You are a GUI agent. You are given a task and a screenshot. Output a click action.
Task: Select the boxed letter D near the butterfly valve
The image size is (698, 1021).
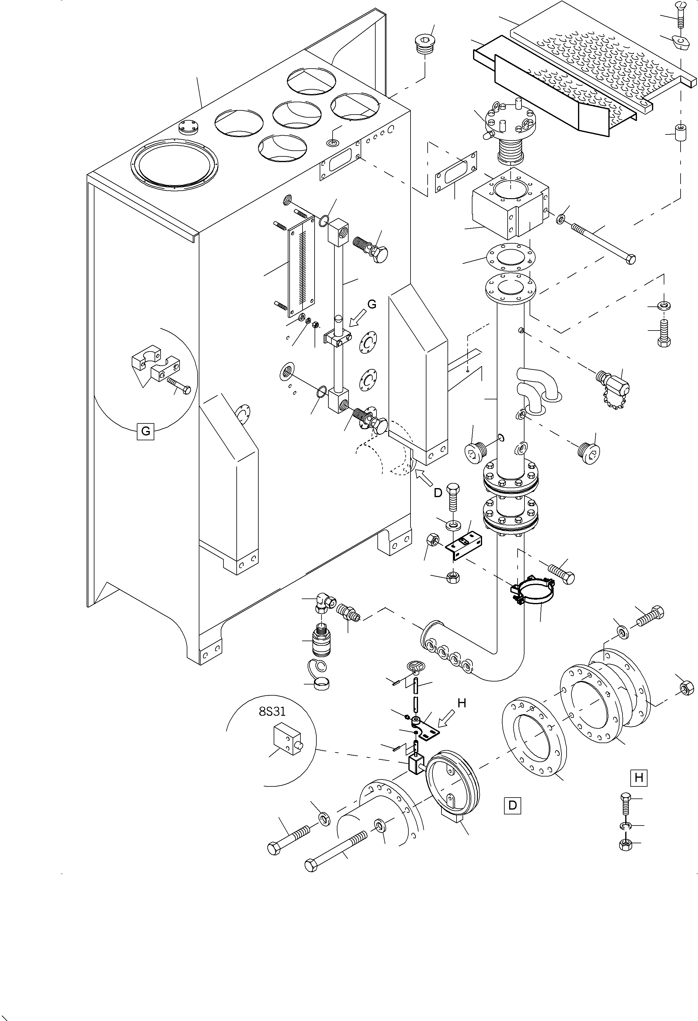click(512, 805)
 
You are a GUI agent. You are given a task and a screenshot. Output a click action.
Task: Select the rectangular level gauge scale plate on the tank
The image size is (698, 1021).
click(301, 266)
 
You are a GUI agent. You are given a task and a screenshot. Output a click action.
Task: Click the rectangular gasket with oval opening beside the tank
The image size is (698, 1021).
click(456, 172)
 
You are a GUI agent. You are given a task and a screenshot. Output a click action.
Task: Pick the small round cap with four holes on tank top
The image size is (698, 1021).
click(189, 128)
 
